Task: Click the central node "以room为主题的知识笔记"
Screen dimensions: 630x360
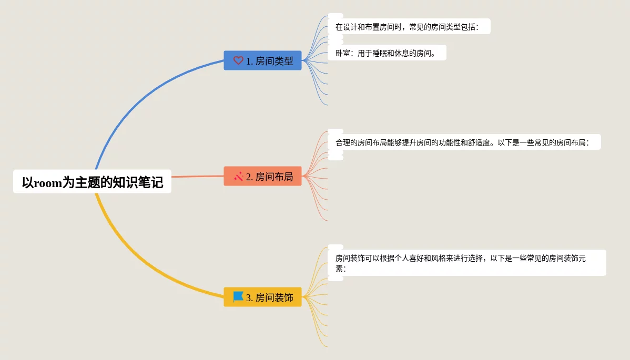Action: [x=92, y=182]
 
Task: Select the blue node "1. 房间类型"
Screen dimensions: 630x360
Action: [x=262, y=60]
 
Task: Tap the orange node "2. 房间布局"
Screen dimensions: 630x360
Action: [x=262, y=176]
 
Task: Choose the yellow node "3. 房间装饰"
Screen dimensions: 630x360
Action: [x=262, y=297]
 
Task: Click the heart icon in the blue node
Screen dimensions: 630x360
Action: [x=238, y=60]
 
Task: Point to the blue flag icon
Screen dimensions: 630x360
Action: [x=238, y=297]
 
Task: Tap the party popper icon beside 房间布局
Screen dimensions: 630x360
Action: [x=238, y=176]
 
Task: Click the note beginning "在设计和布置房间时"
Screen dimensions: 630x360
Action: [x=409, y=27]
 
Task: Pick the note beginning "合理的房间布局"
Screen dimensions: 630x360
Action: [x=464, y=142]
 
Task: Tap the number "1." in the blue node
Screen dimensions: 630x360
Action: [x=250, y=61]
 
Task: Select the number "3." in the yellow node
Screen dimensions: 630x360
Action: [x=250, y=297]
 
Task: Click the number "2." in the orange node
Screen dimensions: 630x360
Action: [x=250, y=177]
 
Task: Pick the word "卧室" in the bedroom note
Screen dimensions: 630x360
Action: [x=343, y=53]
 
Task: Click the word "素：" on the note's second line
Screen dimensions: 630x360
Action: [x=341, y=269]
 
